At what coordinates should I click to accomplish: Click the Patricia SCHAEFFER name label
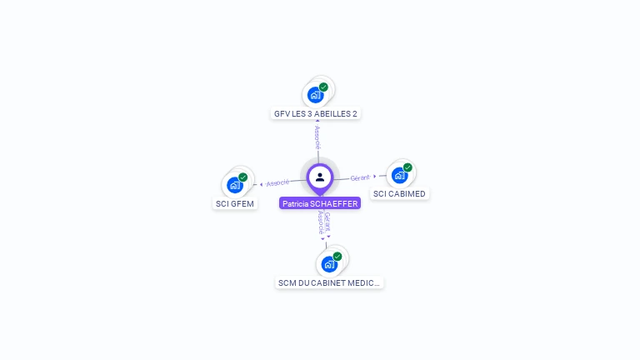[320, 203]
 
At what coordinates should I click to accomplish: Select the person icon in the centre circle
[320, 177]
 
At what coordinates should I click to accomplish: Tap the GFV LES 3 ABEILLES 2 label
[317, 113]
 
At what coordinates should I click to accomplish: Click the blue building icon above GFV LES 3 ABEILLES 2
[315, 94]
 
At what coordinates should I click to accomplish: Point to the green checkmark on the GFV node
[323, 87]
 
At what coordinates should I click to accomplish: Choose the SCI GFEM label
[234, 203]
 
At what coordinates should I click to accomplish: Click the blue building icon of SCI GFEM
[234, 184]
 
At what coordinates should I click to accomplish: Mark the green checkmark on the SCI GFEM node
[243, 177]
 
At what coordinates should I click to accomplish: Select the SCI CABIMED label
[399, 194]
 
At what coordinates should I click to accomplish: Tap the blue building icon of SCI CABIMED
[399, 175]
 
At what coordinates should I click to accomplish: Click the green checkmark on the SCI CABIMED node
[407, 167]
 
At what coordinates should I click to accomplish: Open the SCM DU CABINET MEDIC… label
[329, 282]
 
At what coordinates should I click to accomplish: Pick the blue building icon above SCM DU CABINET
[329, 264]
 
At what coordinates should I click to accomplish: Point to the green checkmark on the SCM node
[337, 257]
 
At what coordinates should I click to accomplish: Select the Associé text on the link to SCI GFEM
[277, 182]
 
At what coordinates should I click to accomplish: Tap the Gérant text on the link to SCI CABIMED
[360, 177]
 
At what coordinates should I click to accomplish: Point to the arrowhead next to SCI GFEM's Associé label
[262, 184]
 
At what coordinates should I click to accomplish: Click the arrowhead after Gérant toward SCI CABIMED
[375, 176]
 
